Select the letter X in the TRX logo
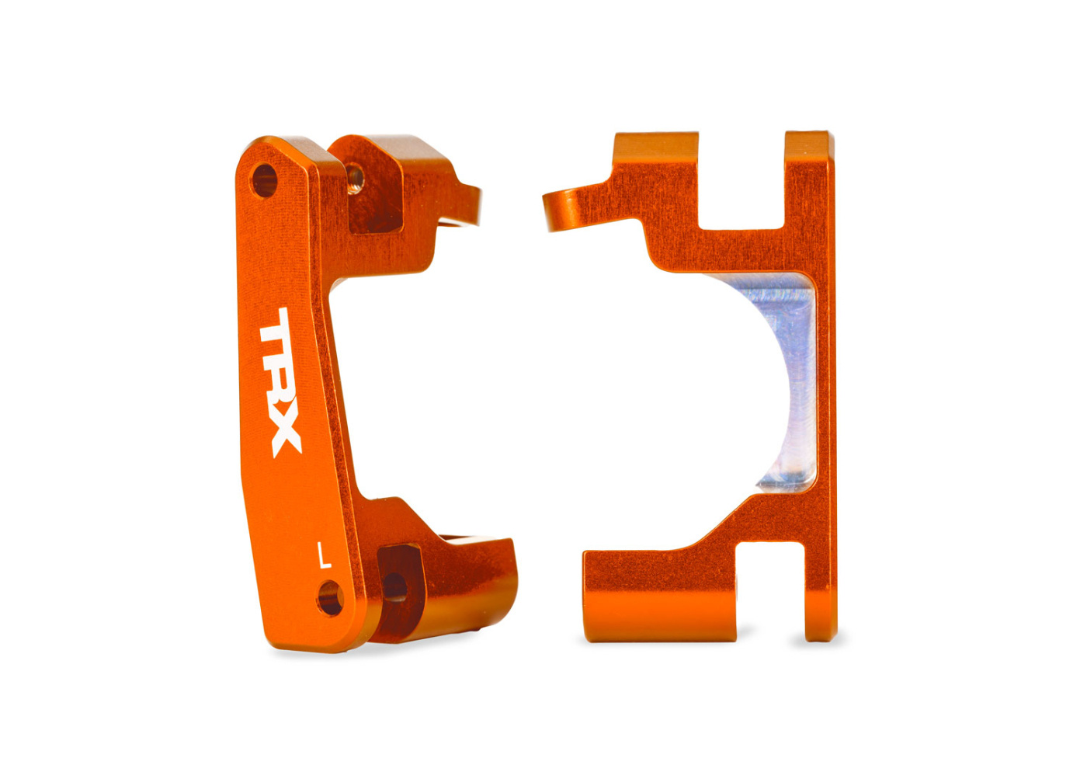[x=286, y=435]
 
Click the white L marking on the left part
[x=325, y=555]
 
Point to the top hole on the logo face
[x=264, y=181]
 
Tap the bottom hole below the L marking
[x=331, y=599]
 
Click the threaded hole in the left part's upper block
[x=356, y=178]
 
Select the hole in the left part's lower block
[x=394, y=586]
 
